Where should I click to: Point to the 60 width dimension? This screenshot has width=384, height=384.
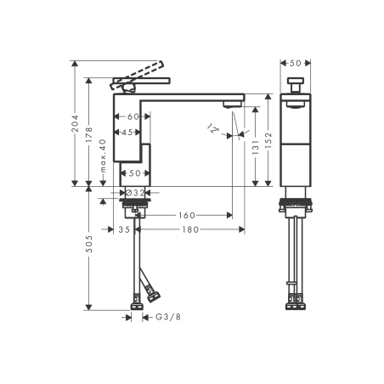(133, 116)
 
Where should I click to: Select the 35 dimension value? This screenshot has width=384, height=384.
(124, 229)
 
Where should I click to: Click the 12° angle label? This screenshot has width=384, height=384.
(212, 129)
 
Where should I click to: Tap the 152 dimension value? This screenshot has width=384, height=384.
(269, 138)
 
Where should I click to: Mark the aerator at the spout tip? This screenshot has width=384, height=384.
(231, 104)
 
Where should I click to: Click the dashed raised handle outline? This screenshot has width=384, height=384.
(136, 75)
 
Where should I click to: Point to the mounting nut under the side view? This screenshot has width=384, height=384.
(296, 204)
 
